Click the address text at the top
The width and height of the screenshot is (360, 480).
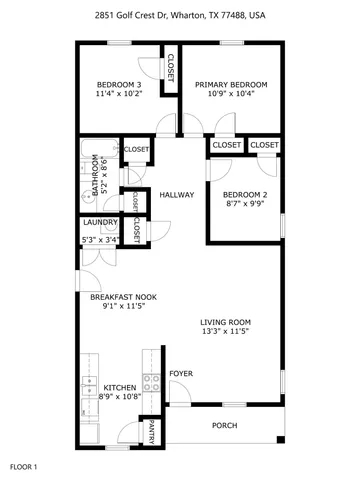pos(181,16)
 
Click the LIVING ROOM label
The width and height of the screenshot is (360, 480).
pos(226,321)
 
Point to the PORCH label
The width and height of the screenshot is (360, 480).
pos(225,425)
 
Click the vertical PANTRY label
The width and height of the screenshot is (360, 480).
pos(151,432)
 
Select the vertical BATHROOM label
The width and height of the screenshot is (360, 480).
pos(96,176)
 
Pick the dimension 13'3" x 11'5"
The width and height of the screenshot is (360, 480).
pos(226,331)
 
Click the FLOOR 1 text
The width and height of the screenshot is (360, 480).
pos(23,466)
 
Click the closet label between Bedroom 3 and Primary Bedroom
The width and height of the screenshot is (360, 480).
pos(170,67)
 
